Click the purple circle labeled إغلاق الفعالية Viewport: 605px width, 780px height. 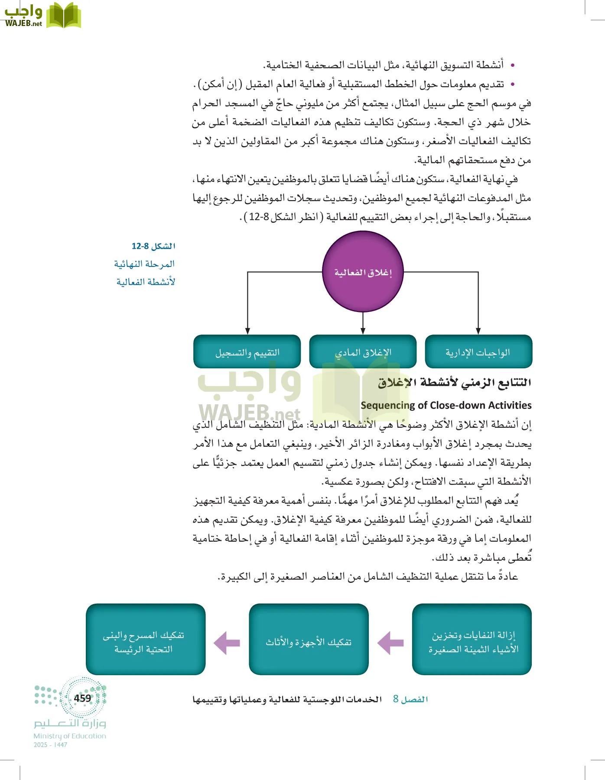[x=363, y=272]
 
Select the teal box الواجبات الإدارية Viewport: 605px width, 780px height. [x=478, y=352]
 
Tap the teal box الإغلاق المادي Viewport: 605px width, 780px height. [x=363, y=352]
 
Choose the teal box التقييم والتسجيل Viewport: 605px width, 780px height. [x=247, y=352]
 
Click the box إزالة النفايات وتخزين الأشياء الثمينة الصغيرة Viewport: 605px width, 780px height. [x=472, y=640]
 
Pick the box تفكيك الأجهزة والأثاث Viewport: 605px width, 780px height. [x=309, y=640]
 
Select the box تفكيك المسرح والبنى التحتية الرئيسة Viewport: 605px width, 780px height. [x=145, y=640]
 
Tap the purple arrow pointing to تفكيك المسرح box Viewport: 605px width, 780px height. [x=227, y=643]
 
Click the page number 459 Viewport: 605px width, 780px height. [x=82, y=698]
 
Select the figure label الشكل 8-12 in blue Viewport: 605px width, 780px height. [x=153, y=246]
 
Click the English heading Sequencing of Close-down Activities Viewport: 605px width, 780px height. [x=446, y=405]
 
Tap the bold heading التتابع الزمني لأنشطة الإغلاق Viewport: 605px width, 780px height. [x=454, y=383]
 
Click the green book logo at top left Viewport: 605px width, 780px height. [x=63, y=16]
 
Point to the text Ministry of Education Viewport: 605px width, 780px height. [x=70, y=736]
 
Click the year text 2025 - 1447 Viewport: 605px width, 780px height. [x=50, y=745]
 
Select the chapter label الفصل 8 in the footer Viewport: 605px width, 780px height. [x=410, y=699]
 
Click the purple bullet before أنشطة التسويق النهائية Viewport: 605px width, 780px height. [x=513, y=65]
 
